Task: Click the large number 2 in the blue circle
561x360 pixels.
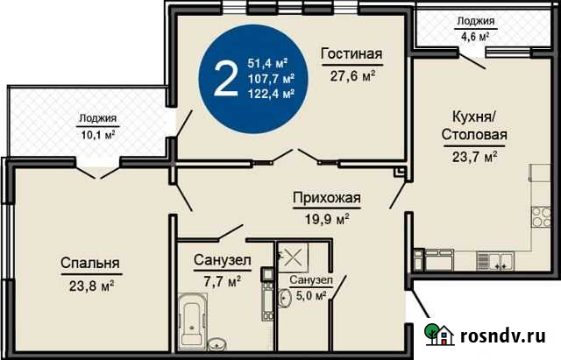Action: (x=225, y=79)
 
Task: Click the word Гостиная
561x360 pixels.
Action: (x=352, y=54)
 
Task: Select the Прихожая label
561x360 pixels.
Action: (x=327, y=198)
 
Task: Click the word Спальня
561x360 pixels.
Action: (x=90, y=263)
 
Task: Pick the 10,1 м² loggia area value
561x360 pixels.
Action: (x=97, y=135)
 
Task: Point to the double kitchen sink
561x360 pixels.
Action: (x=501, y=259)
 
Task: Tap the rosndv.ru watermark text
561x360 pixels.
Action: (x=504, y=336)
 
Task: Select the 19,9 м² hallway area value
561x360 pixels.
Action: (x=327, y=217)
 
